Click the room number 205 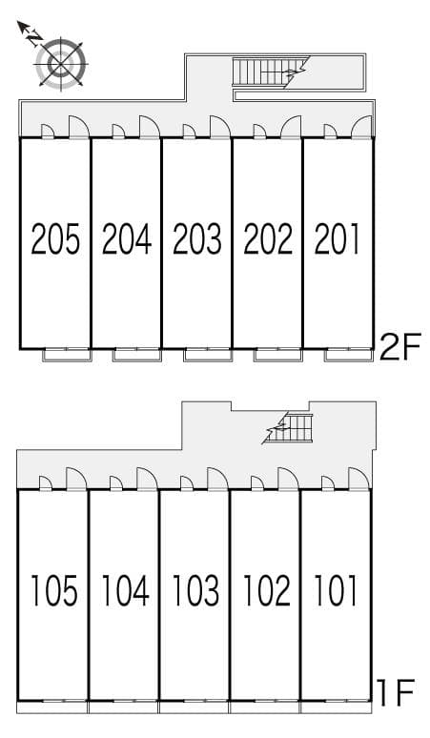pos(55,238)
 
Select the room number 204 pos(127,238)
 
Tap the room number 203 pos(197,238)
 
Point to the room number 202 pos(268,238)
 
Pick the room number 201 pos(337,238)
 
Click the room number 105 pos(54,590)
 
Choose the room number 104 pos(125,590)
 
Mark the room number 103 pos(195,590)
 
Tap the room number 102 pos(266,590)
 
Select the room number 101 pos(336,590)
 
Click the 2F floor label pos(399,346)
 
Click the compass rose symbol pos(61,63)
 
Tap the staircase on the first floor pos(288,427)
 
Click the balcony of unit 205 pos(67,355)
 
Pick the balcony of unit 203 pos(208,355)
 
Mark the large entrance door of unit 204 pos(150,127)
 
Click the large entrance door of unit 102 pos(288,479)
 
